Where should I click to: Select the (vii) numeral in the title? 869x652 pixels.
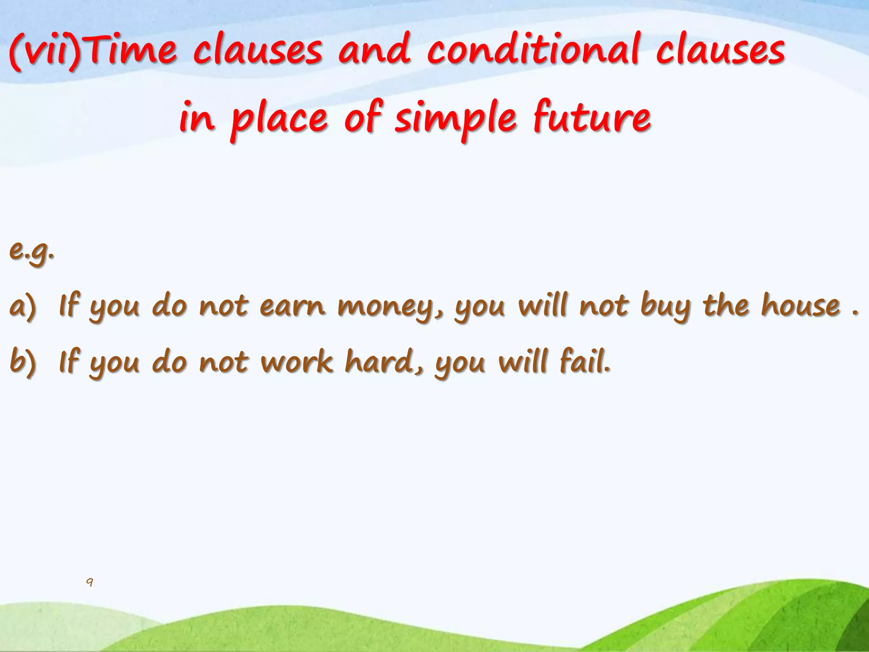(45, 52)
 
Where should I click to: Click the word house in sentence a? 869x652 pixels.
(800, 306)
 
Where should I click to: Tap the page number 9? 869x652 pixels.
(90, 582)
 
